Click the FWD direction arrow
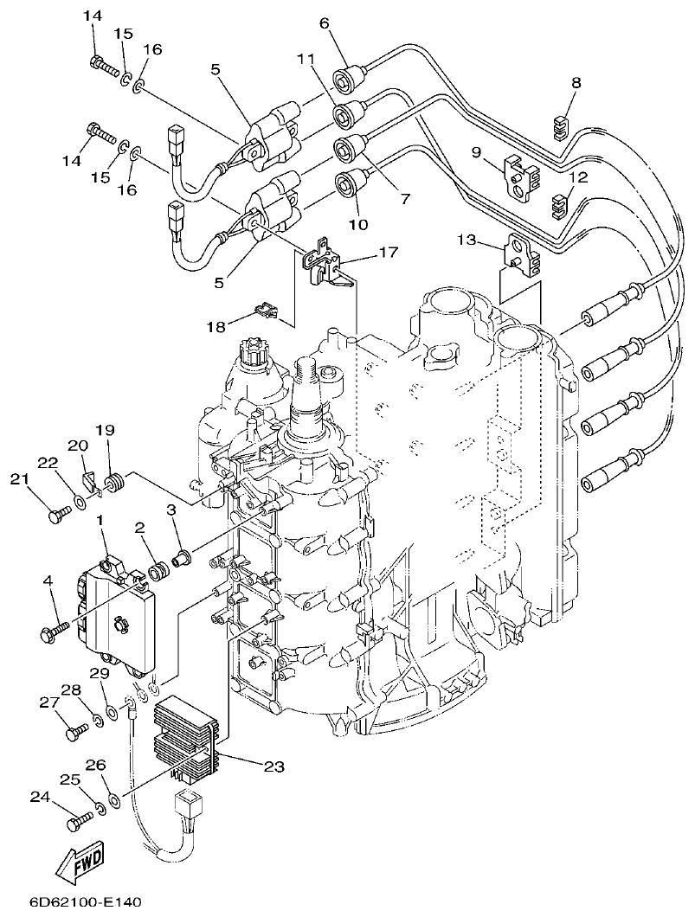coord(77,862)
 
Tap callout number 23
coord(273,765)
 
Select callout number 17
coord(387,253)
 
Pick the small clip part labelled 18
coord(265,309)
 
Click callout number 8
coord(576,83)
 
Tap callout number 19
coord(105,430)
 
